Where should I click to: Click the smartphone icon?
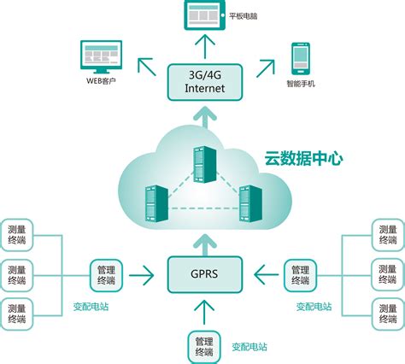pos(300,57)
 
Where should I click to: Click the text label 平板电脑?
pos(246,15)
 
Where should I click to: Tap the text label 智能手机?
pos(301,84)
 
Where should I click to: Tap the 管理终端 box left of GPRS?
pos(108,274)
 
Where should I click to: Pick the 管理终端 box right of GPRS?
pos(298,274)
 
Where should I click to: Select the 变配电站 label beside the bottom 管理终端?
pos(249,347)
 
